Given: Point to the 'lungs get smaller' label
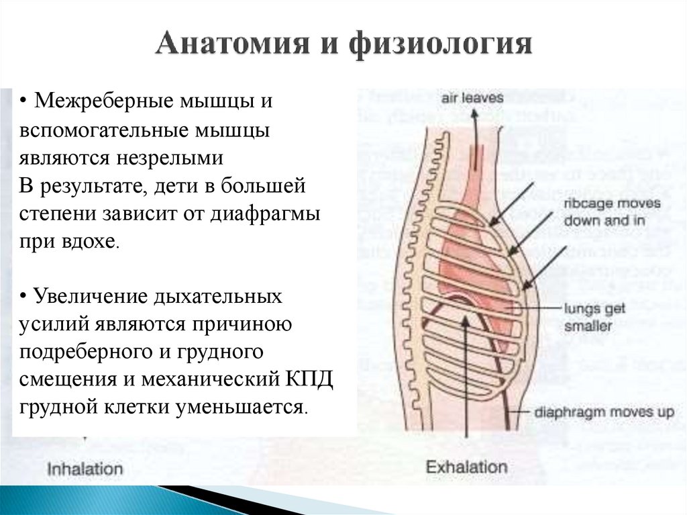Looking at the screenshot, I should tap(594, 317).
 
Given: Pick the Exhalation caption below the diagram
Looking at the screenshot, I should tap(467, 466).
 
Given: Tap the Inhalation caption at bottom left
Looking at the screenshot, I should tap(85, 469).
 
